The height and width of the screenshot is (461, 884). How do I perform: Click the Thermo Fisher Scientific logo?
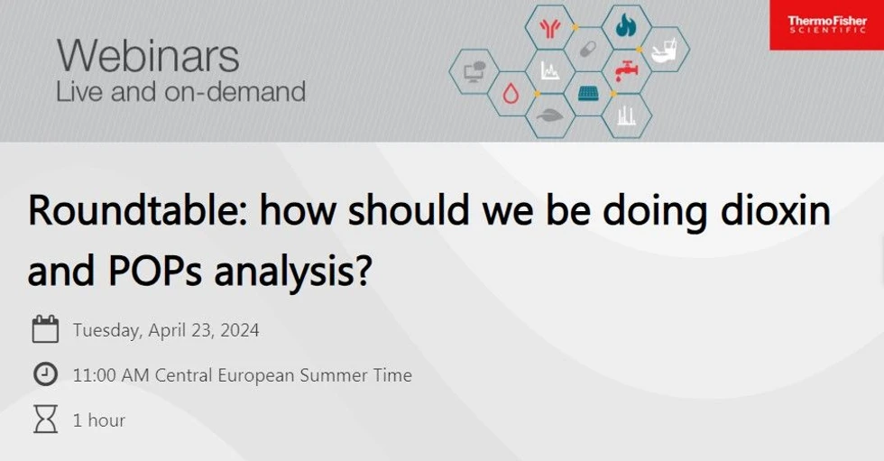click(826, 25)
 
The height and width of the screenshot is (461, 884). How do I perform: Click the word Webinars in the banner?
click(148, 56)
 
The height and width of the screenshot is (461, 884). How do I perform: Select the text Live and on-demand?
click(180, 92)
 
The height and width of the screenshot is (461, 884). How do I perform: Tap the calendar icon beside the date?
click(45, 329)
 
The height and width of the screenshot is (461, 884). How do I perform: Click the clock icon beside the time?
click(45, 374)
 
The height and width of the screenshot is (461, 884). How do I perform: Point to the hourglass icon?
click(45, 420)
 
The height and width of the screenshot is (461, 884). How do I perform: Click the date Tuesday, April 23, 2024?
click(166, 330)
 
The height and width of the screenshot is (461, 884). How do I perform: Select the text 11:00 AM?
click(111, 375)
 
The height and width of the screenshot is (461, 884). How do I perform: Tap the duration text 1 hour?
click(99, 420)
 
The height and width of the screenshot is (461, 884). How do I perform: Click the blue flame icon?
click(625, 26)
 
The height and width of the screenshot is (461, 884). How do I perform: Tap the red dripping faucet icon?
click(625, 70)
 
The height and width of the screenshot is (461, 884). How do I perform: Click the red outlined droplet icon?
click(511, 93)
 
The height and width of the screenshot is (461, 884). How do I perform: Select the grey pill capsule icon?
click(587, 48)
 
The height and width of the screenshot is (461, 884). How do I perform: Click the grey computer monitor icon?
click(474, 70)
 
